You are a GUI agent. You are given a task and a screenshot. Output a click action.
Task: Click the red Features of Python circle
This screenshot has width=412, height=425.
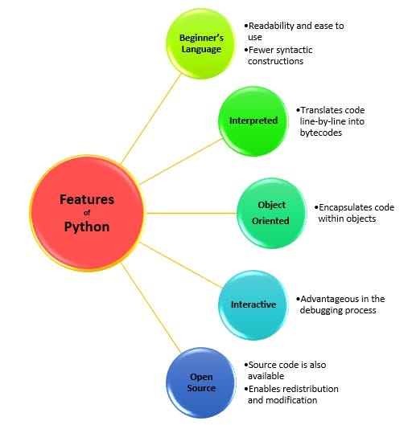pyautogui.click(x=88, y=214)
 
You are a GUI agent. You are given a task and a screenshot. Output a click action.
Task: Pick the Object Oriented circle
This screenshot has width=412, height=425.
pyautogui.click(x=272, y=213)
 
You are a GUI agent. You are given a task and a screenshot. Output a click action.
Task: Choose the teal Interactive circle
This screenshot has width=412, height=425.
pyautogui.click(x=253, y=304)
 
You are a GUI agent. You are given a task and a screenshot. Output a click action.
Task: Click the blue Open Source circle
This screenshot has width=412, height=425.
pyautogui.click(x=201, y=382)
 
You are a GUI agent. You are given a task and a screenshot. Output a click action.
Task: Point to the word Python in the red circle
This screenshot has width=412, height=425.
pyautogui.click(x=88, y=227)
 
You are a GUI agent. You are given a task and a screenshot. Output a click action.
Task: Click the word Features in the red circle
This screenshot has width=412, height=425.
pyautogui.click(x=88, y=198)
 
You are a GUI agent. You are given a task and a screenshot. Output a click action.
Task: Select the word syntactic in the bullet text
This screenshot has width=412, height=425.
pyautogui.click(x=296, y=50)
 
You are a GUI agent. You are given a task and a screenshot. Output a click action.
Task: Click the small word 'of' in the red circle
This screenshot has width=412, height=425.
pyautogui.click(x=88, y=213)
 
